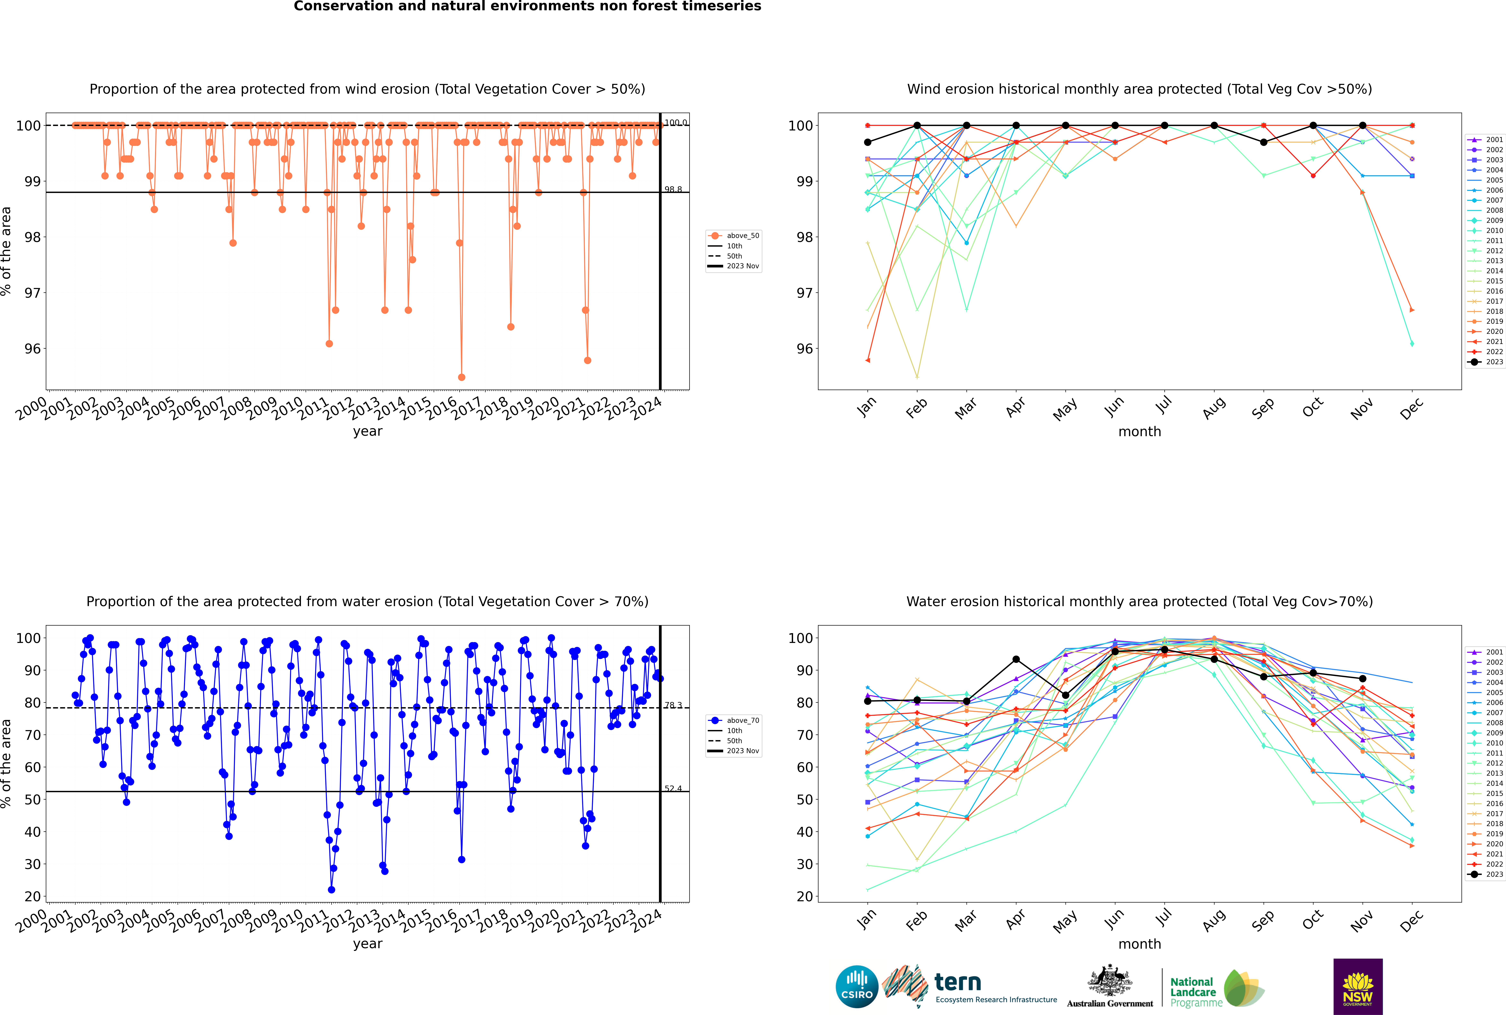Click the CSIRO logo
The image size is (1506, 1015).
(857, 987)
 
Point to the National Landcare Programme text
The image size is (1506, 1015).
(1193, 992)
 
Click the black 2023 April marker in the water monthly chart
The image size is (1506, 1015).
(1016, 659)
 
